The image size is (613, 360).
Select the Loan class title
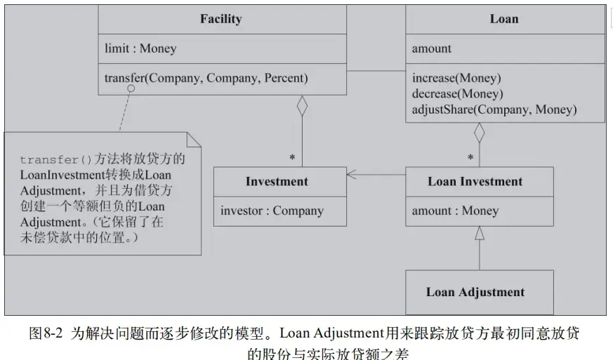503,19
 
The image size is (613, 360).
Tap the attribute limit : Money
140,48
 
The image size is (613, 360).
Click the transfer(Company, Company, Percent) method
206,78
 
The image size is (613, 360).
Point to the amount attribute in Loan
432,48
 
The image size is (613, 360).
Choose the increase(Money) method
456,78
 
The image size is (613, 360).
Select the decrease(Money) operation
458,93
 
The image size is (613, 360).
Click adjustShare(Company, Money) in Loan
494,109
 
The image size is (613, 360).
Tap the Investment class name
277,182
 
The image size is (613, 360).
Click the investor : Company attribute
272,211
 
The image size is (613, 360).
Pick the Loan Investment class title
475,182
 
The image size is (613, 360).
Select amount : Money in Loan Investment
455,211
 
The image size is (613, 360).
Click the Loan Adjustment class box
475,292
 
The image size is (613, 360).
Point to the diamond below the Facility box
303,106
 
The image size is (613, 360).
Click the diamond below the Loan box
480,133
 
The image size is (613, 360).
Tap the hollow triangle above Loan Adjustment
480,234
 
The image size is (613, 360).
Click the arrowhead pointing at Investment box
352,174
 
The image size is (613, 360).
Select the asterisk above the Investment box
292,158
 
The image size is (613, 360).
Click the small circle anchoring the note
131,89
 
